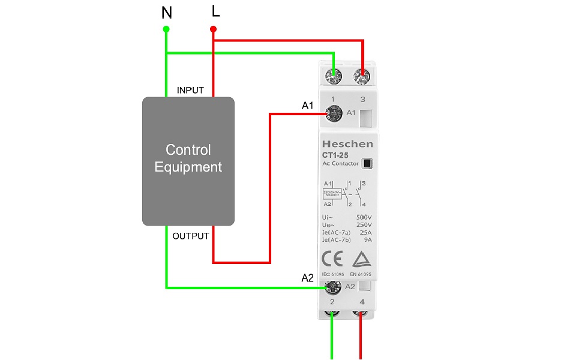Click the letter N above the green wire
click(x=166, y=12)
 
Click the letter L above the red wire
click(x=215, y=11)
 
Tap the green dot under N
click(x=166, y=29)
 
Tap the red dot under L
click(x=213, y=29)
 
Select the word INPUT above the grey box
click(x=190, y=91)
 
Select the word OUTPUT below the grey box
click(x=191, y=236)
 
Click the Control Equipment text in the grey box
click(x=188, y=158)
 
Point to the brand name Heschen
click(x=347, y=144)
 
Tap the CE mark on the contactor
click(x=332, y=259)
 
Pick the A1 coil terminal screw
click(x=332, y=112)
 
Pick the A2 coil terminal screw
click(x=332, y=287)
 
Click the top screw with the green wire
click(x=333, y=76)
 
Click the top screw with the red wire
click(x=362, y=76)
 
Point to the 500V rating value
click(x=364, y=217)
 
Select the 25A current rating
click(x=365, y=232)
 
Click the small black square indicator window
click(x=367, y=163)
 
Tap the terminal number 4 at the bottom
click(x=362, y=301)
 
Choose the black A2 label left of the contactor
click(x=307, y=278)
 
